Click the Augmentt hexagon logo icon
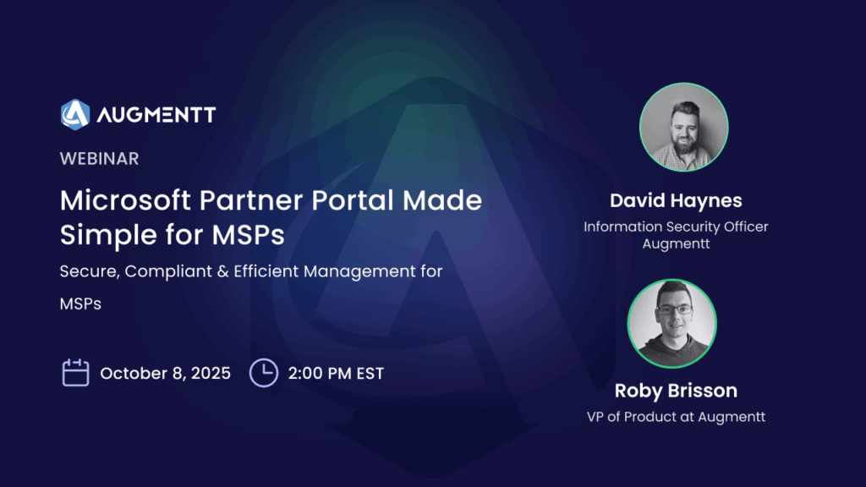pyautogui.click(x=75, y=114)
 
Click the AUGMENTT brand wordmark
pyautogui.click(x=156, y=115)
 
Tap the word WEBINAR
pyautogui.click(x=100, y=159)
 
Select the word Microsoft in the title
pyautogui.click(x=125, y=200)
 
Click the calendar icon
pyautogui.click(x=75, y=373)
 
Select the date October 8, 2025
pyautogui.click(x=165, y=373)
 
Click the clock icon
pyautogui.click(x=264, y=373)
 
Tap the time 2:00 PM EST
pyautogui.click(x=336, y=373)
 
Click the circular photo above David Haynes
pyautogui.click(x=683, y=127)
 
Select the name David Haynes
pyautogui.click(x=676, y=200)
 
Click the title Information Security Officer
pyautogui.click(x=676, y=227)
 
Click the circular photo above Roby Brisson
pyautogui.click(x=672, y=324)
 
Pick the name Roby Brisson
pyautogui.click(x=676, y=391)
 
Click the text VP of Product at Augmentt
pyautogui.click(x=676, y=417)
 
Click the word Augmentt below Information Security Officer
pyautogui.click(x=676, y=244)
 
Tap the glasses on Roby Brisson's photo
pyautogui.click(x=674, y=310)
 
